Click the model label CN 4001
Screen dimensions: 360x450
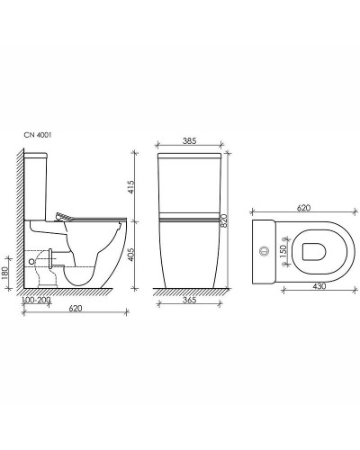(38, 135)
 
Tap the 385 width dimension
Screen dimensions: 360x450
(189, 140)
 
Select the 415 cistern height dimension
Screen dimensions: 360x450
(131, 186)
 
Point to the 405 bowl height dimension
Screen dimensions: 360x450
(131, 255)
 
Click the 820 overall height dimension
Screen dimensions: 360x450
(224, 221)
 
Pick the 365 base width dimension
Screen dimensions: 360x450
(189, 300)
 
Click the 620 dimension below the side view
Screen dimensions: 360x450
(76, 308)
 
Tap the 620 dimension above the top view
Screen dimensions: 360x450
(303, 208)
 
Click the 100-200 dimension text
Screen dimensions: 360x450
(37, 300)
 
